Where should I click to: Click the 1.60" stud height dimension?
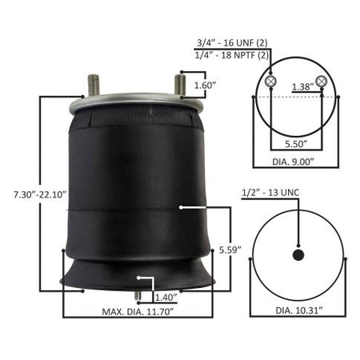205,86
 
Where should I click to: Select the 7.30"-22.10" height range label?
40,194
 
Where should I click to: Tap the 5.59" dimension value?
230,250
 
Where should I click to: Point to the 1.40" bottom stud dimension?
166,298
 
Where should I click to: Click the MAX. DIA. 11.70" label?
138,312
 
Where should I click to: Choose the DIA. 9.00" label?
293,162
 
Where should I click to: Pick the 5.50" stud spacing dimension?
296,144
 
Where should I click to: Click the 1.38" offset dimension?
303,86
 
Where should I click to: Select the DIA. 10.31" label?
299,310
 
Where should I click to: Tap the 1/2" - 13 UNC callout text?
270,193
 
